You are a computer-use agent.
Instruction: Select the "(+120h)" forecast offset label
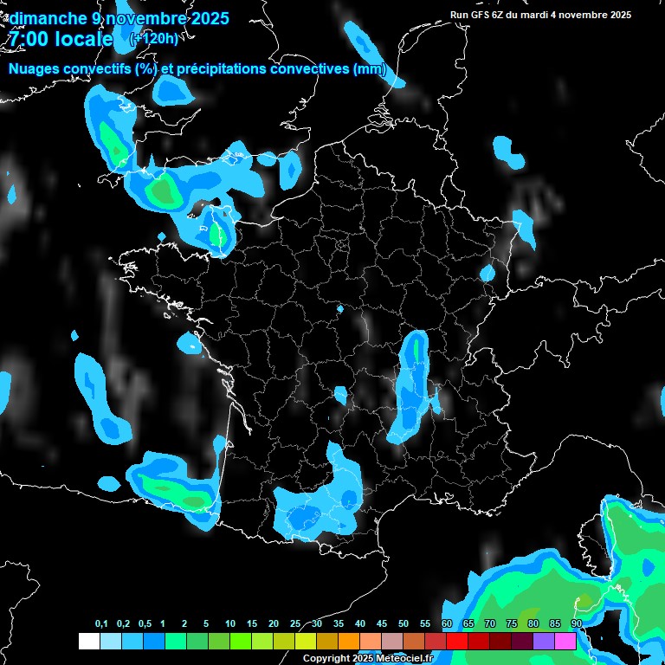pyautogui.click(x=155, y=38)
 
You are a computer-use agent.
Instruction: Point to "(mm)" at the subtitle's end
pyautogui.click(x=370, y=69)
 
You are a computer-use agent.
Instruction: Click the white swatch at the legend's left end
pyautogui.click(x=88, y=641)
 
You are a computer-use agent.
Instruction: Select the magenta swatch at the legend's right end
pyautogui.click(x=565, y=641)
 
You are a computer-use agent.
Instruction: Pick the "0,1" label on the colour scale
pyautogui.click(x=101, y=624)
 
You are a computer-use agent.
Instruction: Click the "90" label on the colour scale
pyautogui.click(x=577, y=624)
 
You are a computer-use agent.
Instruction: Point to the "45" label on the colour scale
pyautogui.click(x=382, y=624)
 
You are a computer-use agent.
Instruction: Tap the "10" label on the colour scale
pyautogui.click(x=230, y=624)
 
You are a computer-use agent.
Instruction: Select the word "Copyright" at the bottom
pyautogui.click(x=326, y=659)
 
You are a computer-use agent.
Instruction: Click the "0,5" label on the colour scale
pyautogui.click(x=145, y=624)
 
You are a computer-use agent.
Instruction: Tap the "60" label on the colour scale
pyautogui.click(x=447, y=624)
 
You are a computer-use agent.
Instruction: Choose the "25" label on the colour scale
pyautogui.click(x=295, y=624)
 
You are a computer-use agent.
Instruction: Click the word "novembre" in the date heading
pyautogui.click(x=144, y=17)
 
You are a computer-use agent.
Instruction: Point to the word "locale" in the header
pyautogui.click(x=83, y=39)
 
